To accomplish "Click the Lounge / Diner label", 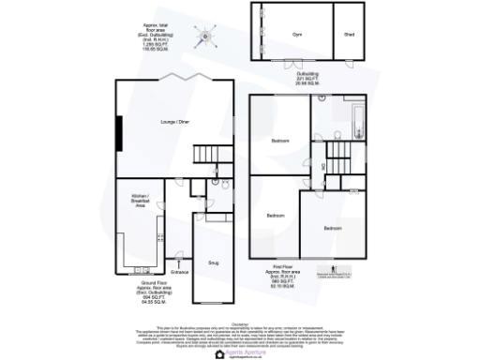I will [x=175, y=123].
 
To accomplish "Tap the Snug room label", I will [x=213, y=253].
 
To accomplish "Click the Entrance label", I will [x=180, y=272].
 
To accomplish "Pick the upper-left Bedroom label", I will [x=279, y=142].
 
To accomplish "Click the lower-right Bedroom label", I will [x=333, y=228].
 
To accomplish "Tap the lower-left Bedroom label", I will [x=275, y=217].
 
